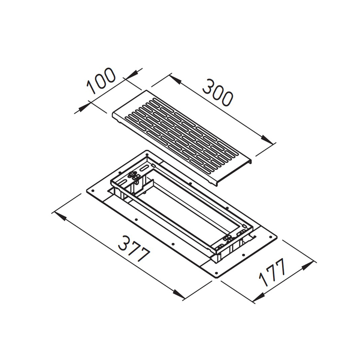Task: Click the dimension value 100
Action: [x=101, y=81]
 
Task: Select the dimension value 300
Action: [x=217, y=92]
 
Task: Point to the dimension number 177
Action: [x=272, y=272]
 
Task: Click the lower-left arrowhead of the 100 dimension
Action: [x=83, y=108]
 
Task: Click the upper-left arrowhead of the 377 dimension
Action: [x=59, y=215]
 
